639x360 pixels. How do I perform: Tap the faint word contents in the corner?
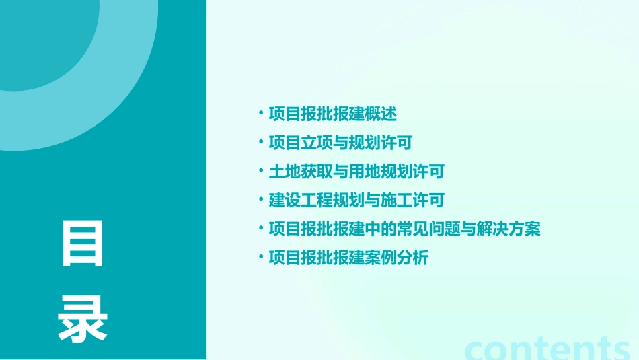[548, 348]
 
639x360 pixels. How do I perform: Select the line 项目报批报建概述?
[333, 114]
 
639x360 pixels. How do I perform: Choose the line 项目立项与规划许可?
[340, 143]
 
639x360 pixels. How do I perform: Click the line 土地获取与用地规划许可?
[356, 172]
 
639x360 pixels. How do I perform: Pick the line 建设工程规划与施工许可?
[356, 201]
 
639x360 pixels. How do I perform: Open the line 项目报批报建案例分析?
[348, 258]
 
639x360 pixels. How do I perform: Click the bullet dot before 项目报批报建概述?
[261, 113]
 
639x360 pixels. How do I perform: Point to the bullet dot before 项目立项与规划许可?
[261, 142]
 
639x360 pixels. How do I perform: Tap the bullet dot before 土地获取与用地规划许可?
[261, 171]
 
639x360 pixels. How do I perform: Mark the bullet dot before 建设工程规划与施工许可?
[261, 200]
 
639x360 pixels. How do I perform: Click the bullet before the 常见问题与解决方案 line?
[261, 229]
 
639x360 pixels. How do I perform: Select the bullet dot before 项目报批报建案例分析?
[261, 258]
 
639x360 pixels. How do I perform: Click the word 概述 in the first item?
[381, 114]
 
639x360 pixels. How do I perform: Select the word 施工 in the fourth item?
[397, 201]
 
